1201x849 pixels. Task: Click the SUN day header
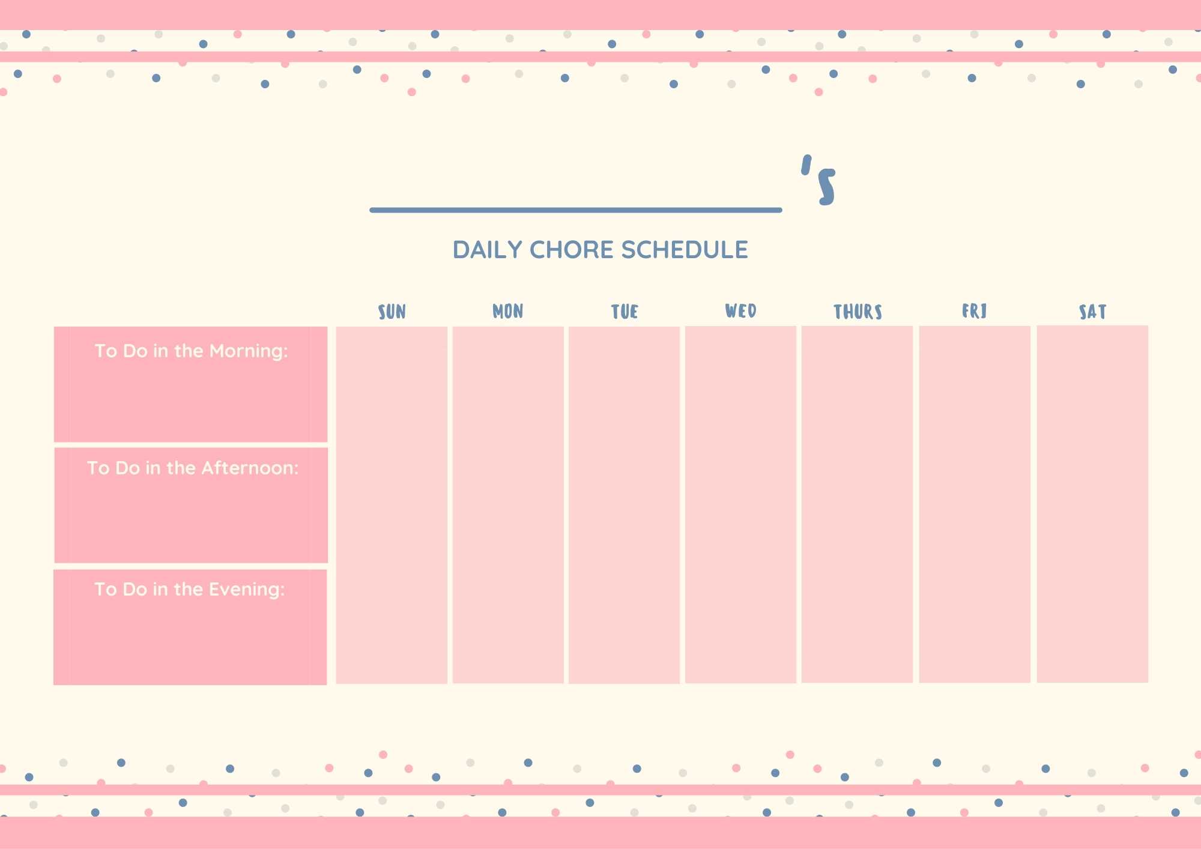(392, 312)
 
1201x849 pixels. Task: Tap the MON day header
(508, 311)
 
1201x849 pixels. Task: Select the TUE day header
(625, 312)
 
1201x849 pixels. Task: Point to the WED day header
(740, 310)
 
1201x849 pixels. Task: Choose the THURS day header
(858, 312)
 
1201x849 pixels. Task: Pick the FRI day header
(974, 310)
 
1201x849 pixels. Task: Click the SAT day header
(1092, 312)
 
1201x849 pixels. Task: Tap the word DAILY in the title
(488, 250)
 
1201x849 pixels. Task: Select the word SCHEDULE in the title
(685, 250)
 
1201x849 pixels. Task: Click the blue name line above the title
(576, 210)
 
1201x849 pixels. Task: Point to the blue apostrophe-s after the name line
(818, 180)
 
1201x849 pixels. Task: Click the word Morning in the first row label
(249, 352)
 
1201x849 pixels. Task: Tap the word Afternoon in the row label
(250, 468)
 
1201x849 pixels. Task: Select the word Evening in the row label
(247, 590)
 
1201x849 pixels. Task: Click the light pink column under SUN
(392, 505)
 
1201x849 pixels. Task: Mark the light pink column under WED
(740, 504)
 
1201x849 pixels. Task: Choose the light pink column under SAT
(1092, 504)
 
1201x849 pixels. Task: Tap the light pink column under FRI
(975, 504)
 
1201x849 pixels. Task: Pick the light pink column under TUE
(624, 505)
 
